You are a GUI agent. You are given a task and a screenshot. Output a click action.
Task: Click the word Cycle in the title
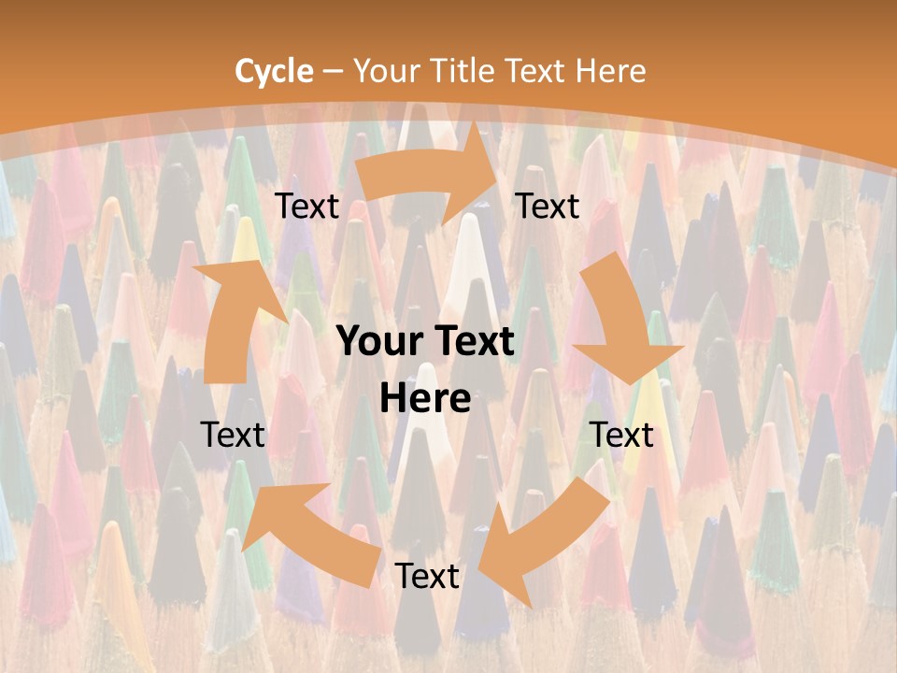tap(274, 71)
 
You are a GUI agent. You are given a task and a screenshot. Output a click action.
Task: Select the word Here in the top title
tap(610, 71)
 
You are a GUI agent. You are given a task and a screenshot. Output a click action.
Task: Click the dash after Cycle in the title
tap(332, 72)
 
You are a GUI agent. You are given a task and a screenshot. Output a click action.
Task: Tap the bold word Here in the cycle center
tap(425, 399)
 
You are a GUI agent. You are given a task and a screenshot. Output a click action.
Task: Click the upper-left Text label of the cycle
tap(306, 207)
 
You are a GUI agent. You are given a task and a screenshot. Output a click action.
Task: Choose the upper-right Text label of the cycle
tap(548, 207)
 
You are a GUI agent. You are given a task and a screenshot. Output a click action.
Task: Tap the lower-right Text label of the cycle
tap(621, 435)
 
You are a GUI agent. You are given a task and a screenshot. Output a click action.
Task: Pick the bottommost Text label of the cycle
tap(427, 577)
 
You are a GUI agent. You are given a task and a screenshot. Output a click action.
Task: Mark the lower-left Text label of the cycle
tap(233, 435)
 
